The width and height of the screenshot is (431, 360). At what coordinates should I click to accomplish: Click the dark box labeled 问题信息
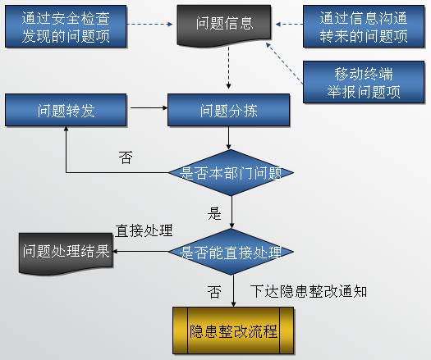[x=224, y=25]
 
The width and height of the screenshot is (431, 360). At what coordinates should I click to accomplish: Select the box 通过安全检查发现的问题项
[x=66, y=26]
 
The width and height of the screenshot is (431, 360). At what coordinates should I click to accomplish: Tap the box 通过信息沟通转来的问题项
[x=364, y=26]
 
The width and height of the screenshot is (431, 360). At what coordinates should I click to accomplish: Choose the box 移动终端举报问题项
[x=364, y=82]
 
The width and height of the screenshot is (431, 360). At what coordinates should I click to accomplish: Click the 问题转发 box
[x=66, y=110]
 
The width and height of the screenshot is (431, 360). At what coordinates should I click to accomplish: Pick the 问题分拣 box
[x=228, y=110]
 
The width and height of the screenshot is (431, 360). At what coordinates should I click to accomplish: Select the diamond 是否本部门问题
[x=231, y=173]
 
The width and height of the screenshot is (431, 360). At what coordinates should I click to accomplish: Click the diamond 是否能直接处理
[x=231, y=252]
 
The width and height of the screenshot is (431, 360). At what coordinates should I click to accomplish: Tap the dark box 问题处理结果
[x=66, y=253]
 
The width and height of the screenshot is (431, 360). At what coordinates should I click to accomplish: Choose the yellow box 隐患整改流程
[x=233, y=330]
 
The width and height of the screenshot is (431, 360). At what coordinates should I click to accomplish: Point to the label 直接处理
[x=144, y=230]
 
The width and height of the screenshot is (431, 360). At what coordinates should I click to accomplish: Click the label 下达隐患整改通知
[x=309, y=291]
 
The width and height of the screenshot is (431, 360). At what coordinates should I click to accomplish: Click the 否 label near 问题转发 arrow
[x=126, y=157]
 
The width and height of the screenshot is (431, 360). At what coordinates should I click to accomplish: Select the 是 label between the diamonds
[x=214, y=213]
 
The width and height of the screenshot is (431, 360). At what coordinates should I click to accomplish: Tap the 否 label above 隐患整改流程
[x=214, y=292]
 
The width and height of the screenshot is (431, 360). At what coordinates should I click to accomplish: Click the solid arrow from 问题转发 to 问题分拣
[x=149, y=108]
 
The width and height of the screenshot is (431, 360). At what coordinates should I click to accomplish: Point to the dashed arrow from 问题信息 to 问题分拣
[x=228, y=67]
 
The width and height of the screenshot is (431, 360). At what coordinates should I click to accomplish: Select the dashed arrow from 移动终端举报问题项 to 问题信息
[x=284, y=63]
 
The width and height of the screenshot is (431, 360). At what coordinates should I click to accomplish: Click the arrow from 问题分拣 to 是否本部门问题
[x=228, y=138]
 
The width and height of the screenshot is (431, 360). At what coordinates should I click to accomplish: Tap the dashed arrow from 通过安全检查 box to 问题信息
[x=149, y=24]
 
